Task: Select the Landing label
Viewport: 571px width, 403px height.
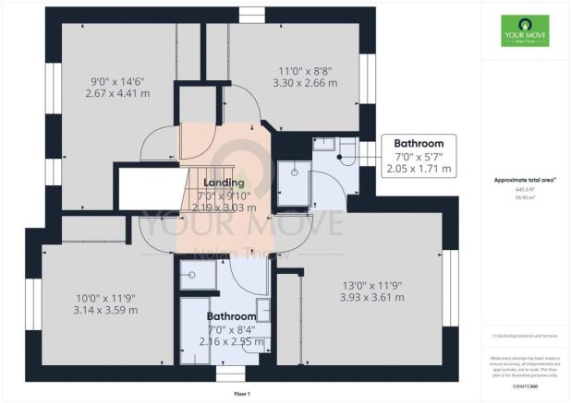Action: point(224,183)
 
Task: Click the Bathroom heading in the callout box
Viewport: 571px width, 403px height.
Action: point(419,144)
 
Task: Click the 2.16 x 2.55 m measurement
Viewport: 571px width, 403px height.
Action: point(231,341)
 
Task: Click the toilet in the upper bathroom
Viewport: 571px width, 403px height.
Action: point(346,151)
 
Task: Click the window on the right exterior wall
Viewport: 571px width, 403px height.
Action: point(454,278)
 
